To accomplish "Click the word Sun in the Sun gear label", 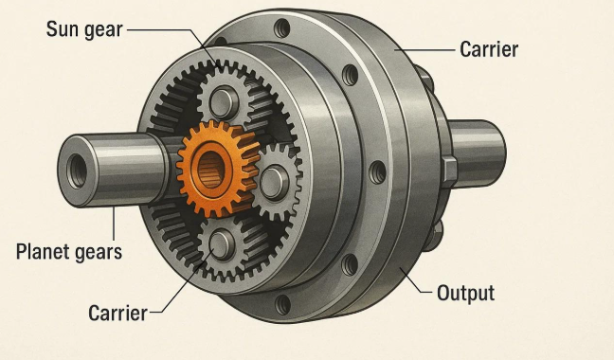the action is (x=61, y=29).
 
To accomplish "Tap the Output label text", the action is (x=465, y=293).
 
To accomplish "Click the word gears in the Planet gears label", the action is (x=99, y=253).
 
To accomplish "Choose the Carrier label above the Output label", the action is (x=489, y=49).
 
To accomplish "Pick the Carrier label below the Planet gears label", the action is (x=117, y=314).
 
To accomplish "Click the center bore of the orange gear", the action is (x=211, y=170).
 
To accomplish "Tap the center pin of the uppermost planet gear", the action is (x=224, y=102).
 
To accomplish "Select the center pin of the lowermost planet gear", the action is (x=222, y=244).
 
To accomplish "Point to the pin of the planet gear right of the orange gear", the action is (x=274, y=182).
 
